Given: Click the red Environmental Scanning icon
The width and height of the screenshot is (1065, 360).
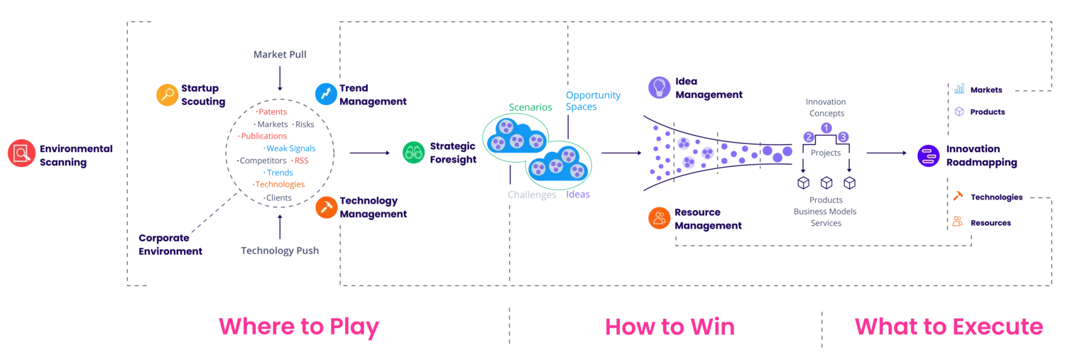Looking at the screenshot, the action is (x=21, y=153).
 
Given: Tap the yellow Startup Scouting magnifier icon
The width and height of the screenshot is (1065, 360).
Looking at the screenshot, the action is (x=168, y=94).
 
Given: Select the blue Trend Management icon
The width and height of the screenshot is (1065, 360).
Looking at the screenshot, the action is (x=326, y=94).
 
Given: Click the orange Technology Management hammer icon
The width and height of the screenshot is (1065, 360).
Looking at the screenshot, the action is (x=327, y=207).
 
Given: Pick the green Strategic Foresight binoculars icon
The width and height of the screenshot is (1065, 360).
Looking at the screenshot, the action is (x=414, y=153).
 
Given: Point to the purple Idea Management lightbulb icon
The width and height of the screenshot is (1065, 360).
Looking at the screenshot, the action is (x=660, y=87).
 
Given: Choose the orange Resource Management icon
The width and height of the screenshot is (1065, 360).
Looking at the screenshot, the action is (x=660, y=218).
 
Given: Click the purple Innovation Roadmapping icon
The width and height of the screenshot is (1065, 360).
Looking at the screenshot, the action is (x=929, y=156).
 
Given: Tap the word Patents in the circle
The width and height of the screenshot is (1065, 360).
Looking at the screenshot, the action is (x=273, y=111).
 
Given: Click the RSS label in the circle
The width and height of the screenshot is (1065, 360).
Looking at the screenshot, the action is (x=302, y=160).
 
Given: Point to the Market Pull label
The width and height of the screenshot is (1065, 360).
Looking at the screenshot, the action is (x=280, y=54).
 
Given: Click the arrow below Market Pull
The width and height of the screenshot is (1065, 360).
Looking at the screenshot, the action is (x=280, y=79).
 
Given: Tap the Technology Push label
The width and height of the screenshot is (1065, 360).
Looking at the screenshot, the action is (x=280, y=251).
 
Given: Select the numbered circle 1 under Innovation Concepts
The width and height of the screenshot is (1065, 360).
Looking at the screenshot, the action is (x=826, y=128).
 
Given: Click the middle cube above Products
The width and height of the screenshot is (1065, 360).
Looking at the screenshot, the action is (x=826, y=182).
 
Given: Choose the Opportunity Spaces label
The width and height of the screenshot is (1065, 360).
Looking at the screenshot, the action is (x=593, y=101).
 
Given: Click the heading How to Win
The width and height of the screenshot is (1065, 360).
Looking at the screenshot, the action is (x=670, y=327).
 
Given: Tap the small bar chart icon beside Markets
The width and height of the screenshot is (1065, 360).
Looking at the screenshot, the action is (x=959, y=89).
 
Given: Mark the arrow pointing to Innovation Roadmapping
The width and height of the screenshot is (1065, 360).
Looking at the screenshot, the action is (x=887, y=153).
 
